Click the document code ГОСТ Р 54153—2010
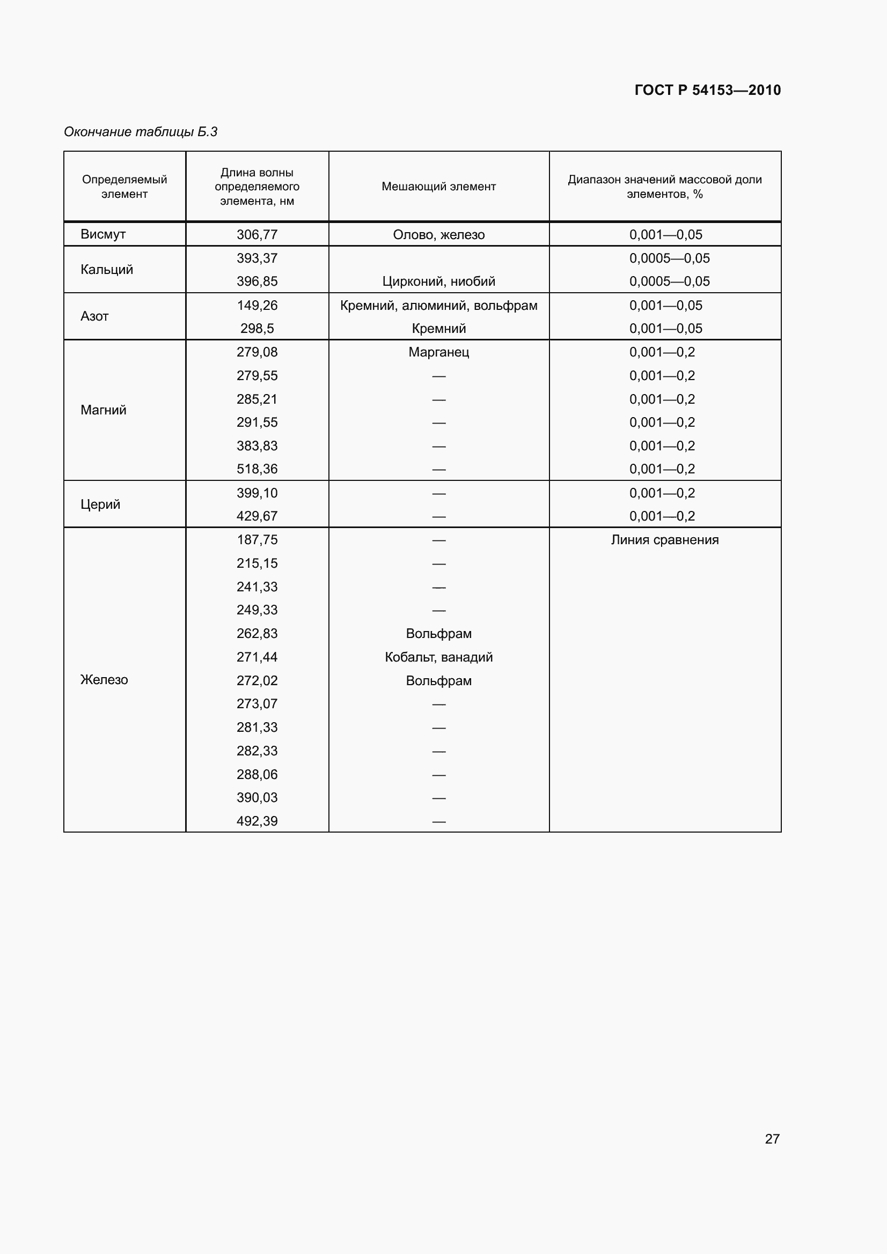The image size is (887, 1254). pyautogui.click(x=707, y=90)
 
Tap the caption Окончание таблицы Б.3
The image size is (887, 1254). pyautogui.click(x=141, y=132)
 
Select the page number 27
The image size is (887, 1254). pyautogui.click(x=772, y=1138)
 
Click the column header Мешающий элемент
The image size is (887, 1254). pyautogui.click(x=438, y=187)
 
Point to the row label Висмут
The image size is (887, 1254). pyautogui.click(x=102, y=234)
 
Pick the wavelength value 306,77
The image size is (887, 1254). pyautogui.click(x=257, y=235)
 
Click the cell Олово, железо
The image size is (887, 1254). pyautogui.click(x=438, y=235)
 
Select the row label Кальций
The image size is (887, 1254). pyautogui.click(x=107, y=269)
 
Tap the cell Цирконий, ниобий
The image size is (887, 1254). pyautogui.click(x=438, y=281)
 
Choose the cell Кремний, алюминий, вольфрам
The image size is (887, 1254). pyautogui.click(x=438, y=305)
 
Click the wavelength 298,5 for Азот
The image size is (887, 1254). pyautogui.click(x=257, y=328)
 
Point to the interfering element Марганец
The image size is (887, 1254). pyautogui.click(x=438, y=352)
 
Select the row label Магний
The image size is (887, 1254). pyautogui.click(x=103, y=410)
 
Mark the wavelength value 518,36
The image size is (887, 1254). pyautogui.click(x=257, y=469)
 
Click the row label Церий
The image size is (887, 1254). pyautogui.click(x=100, y=504)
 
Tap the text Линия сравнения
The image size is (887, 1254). pyautogui.click(x=664, y=540)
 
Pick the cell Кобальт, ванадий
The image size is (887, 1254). pyautogui.click(x=438, y=657)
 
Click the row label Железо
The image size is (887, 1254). pyautogui.click(x=104, y=680)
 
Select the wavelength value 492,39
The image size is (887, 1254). pyautogui.click(x=257, y=821)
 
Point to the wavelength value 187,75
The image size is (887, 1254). pyautogui.click(x=257, y=540)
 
